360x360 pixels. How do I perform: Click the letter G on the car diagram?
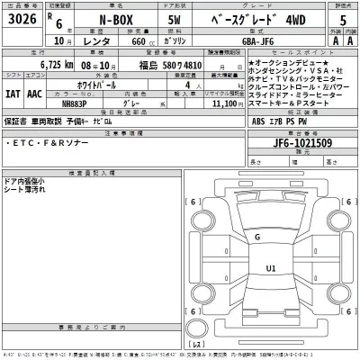[x=256, y=237]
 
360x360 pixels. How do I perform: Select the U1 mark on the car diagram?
[x=270, y=267]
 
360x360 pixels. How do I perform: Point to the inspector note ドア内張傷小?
[x=24, y=181]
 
